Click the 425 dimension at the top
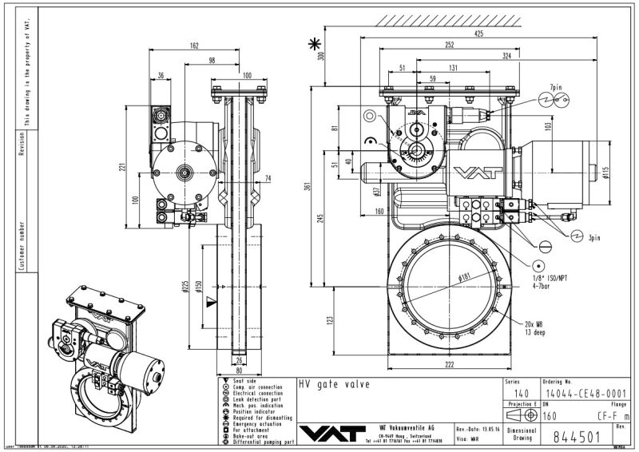tap(478, 34)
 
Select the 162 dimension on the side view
tap(194, 46)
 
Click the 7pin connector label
tap(555, 85)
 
